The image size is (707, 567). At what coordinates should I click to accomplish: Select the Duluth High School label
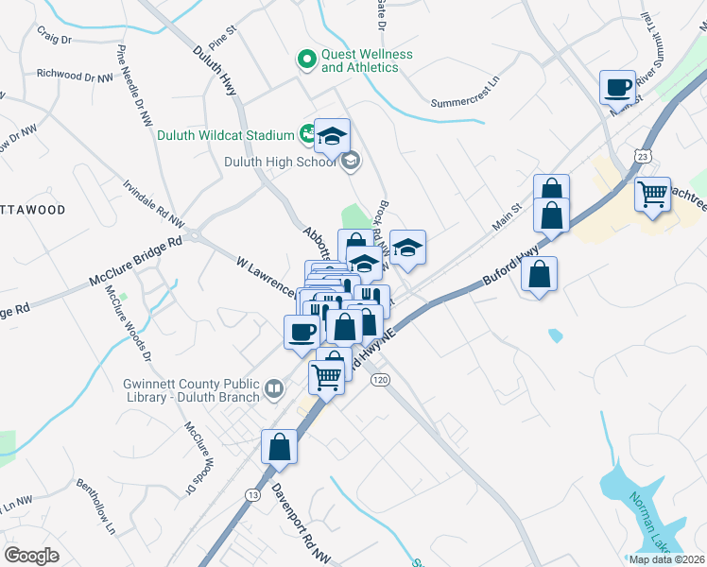(279, 162)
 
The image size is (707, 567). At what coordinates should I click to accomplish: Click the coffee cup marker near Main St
(618, 87)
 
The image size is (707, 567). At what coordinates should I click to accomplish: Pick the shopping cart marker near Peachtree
(652, 195)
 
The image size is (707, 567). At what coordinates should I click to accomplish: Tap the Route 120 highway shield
(380, 379)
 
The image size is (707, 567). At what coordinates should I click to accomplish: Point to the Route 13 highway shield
(251, 494)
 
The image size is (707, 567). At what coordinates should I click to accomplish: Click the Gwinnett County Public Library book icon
(273, 389)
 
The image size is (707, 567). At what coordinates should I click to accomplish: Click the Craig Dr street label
(55, 40)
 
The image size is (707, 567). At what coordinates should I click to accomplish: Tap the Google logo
(31, 555)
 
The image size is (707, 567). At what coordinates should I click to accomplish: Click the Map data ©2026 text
(666, 559)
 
